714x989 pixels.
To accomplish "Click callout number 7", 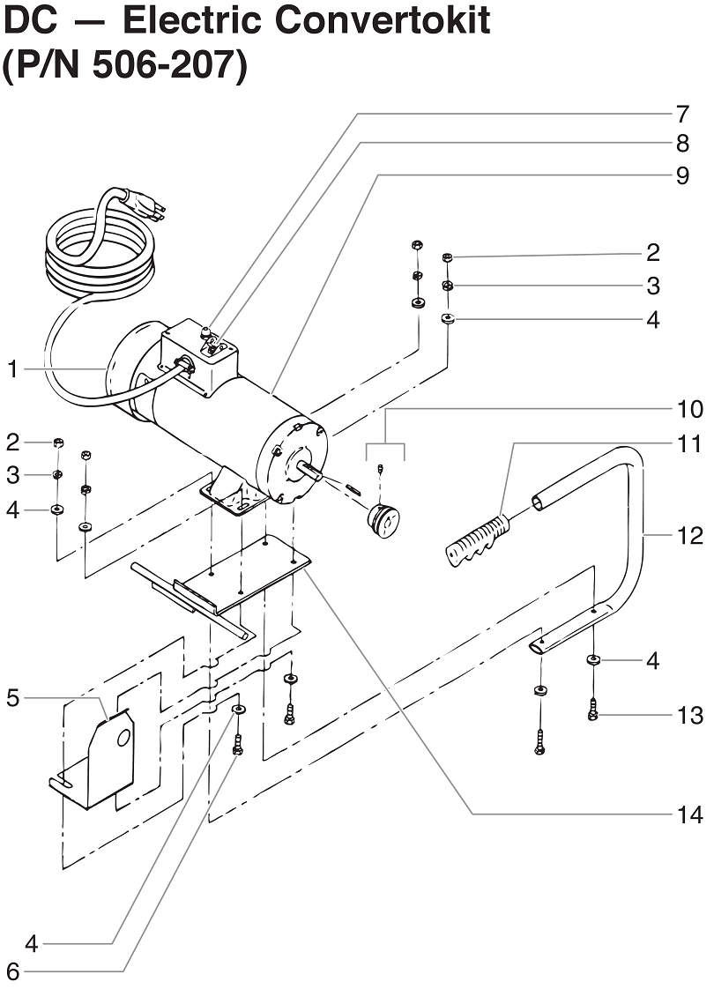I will (681, 114).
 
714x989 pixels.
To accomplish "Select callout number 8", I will (681, 144).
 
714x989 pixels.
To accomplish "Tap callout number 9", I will (681, 175).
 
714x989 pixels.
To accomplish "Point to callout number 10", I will (690, 409).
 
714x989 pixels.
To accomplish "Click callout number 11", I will (690, 442).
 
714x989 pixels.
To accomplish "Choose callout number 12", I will (690, 535).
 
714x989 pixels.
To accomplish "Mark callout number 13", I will (690, 715).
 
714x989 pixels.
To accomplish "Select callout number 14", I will (690, 815).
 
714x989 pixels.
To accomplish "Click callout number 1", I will (12, 369).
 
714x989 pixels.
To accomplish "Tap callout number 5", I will (12, 698).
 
